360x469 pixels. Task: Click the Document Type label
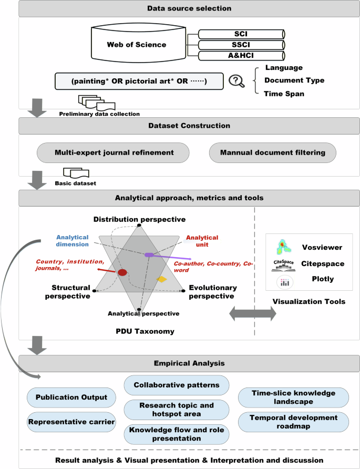[294, 80]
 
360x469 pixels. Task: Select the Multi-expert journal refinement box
[114, 153]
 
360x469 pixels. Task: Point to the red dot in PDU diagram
[122, 272]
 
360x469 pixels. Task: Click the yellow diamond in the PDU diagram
[162, 279]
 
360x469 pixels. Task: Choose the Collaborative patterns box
[176, 385]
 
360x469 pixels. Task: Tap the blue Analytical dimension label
[73, 241]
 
